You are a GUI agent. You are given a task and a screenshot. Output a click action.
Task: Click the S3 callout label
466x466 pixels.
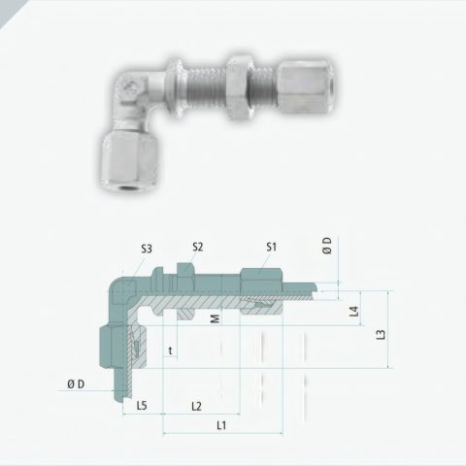147,249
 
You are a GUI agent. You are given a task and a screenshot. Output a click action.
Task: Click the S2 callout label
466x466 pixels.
197,247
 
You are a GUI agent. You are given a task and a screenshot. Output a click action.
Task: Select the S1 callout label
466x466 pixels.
272,247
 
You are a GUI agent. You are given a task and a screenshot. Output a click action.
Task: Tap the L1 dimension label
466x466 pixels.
221,425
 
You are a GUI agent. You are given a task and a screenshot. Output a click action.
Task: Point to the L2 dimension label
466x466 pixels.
196,406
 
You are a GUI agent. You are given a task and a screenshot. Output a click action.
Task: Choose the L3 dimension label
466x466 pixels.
382,334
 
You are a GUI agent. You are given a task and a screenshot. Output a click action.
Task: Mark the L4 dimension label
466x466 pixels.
355,312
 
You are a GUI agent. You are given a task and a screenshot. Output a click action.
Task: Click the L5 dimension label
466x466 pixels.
142,405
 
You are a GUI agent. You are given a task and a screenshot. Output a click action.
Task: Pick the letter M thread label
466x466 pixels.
216,318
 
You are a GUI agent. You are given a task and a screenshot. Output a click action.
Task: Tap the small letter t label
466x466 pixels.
170,350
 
